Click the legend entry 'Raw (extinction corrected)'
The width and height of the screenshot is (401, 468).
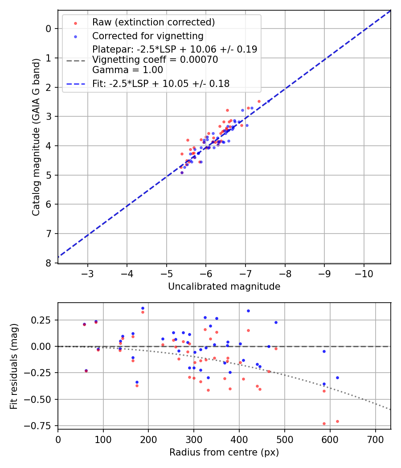(153, 22)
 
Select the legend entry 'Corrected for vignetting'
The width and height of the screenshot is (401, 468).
(147, 36)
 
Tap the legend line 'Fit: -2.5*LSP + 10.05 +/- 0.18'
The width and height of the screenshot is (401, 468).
(161, 83)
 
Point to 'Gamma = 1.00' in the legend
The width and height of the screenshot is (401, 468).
(127, 70)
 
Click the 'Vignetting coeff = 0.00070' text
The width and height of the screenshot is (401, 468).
(155, 60)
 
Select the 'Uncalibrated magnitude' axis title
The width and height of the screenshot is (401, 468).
(224, 287)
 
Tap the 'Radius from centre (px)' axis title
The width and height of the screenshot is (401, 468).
(224, 452)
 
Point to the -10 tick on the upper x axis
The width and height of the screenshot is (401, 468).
(364, 272)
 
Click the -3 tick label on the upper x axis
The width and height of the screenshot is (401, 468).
(88, 272)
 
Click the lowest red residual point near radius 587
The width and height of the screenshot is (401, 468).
(324, 423)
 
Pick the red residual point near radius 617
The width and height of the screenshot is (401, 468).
(337, 421)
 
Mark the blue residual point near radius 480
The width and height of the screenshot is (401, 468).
(276, 322)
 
